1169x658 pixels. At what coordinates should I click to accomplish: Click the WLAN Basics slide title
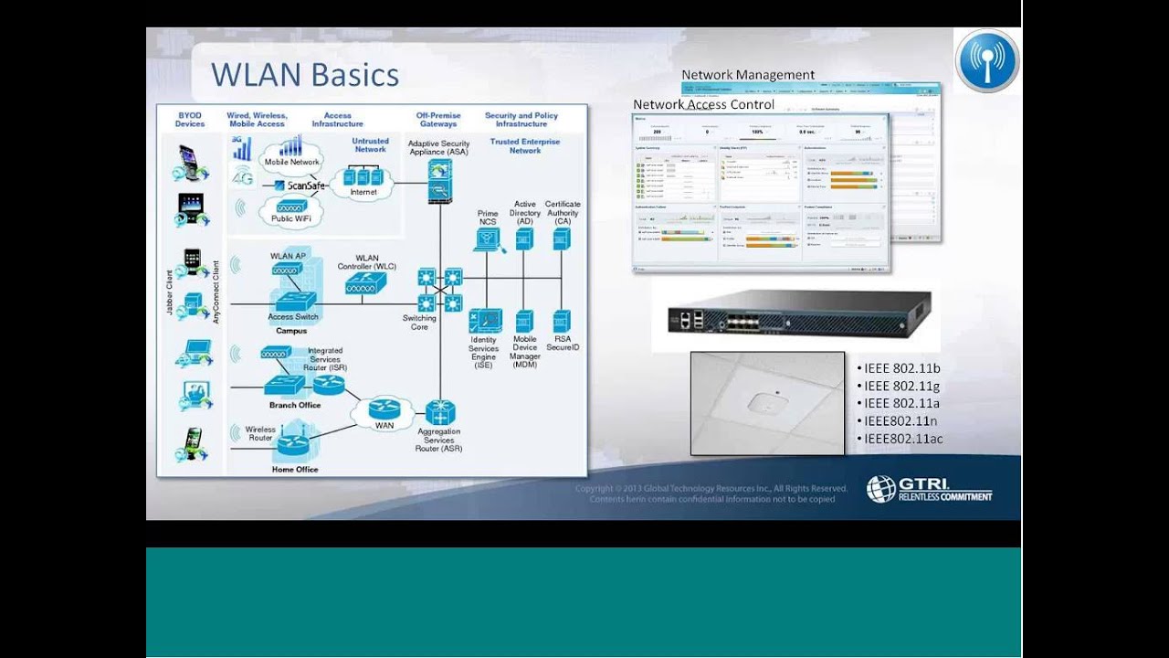click(x=305, y=75)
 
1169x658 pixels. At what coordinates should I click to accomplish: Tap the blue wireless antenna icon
click(x=987, y=60)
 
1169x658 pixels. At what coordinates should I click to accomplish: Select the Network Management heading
click(x=748, y=75)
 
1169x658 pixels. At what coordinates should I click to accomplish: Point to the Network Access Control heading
click(x=703, y=104)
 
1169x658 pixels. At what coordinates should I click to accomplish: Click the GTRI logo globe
click(x=880, y=490)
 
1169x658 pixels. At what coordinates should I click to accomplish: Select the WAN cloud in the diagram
click(x=384, y=412)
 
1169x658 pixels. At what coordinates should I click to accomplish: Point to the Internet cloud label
click(x=363, y=192)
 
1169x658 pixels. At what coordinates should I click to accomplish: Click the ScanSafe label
click(x=306, y=186)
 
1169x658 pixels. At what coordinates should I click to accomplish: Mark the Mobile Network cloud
click(x=291, y=162)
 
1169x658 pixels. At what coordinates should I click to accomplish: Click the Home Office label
click(x=295, y=470)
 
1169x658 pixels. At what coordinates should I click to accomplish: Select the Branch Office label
click(x=295, y=405)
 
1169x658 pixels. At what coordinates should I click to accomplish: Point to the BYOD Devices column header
click(x=190, y=120)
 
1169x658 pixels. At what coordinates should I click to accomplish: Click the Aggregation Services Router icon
click(x=439, y=412)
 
